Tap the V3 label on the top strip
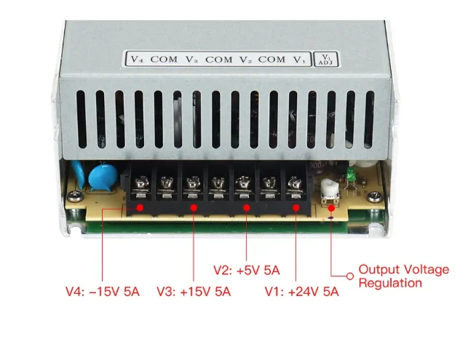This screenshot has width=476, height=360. tap(191, 60)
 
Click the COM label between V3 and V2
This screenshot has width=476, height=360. tap(218, 60)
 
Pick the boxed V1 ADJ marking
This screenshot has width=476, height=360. tap(325, 59)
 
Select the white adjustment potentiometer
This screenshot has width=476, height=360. tap(328, 190)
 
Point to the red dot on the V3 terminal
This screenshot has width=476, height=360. tap(194, 208)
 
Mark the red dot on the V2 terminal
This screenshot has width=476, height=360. tap(246, 208)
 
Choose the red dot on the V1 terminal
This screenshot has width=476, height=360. tap(296, 208)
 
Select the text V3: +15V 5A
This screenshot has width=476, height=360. tap(193, 292)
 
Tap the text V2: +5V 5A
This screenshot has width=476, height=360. tap(246, 270)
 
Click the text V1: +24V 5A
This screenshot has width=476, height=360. tap(301, 292)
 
